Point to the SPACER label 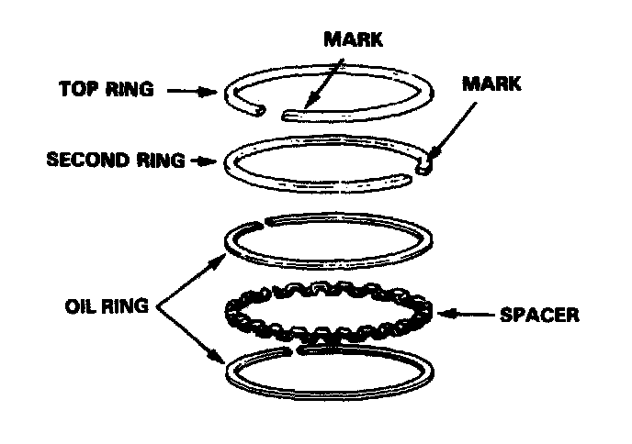point(540,315)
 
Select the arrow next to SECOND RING point(199,161)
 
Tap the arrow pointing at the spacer point(468,315)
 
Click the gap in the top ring point(274,114)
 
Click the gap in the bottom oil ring point(298,350)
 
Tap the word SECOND point(80,160)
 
